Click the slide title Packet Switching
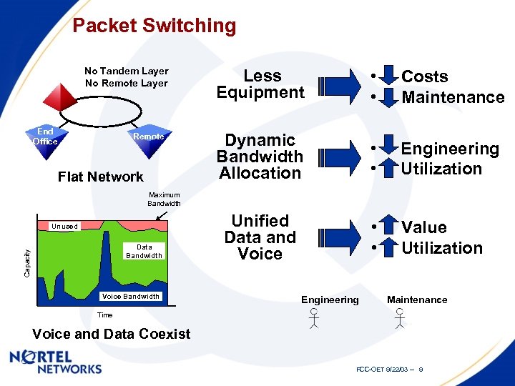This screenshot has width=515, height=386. [x=154, y=26]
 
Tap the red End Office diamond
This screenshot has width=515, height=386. [x=46, y=137]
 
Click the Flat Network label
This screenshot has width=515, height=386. [x=100, y=177]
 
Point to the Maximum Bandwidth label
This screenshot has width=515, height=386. [x=164, y=199]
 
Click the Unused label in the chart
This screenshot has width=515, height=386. [x=64, y=227]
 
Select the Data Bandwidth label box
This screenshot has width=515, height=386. [x=144, y=251]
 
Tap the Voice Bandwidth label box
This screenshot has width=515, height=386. [x=131, y=296]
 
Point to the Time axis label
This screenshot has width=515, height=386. [x=104, y=315]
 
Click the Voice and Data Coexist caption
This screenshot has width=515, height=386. [x=112, y=334]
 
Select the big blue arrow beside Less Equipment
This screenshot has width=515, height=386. [x=339, y=85]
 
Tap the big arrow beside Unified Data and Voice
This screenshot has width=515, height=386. [x=339, y=237]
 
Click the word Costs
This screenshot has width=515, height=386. [x=424, y=76]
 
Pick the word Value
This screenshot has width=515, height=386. [x=423, y=227]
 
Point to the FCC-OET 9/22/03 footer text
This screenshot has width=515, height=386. [x=390, y=369]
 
